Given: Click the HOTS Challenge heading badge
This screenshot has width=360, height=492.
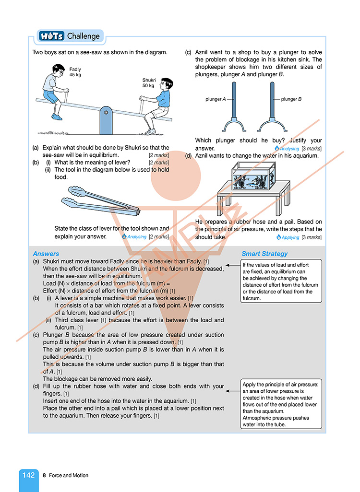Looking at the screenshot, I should (69, 36).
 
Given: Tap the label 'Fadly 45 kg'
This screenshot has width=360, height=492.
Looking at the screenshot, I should (75, 72).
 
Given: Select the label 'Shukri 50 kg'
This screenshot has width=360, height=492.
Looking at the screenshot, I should (148, 83).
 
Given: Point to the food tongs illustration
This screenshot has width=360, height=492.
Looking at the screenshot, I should (101, 201).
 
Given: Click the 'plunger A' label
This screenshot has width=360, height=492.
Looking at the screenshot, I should (216, 99).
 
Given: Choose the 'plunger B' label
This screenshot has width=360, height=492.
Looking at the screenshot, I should (291, 99).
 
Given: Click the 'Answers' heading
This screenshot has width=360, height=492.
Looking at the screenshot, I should (46, 254).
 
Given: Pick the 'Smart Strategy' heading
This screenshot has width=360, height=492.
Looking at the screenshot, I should (264, 254).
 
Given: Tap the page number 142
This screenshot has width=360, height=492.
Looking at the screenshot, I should (28, 475).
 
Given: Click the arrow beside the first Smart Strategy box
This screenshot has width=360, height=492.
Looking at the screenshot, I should (233, 265).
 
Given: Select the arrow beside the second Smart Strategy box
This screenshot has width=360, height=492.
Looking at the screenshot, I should (233, 390).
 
